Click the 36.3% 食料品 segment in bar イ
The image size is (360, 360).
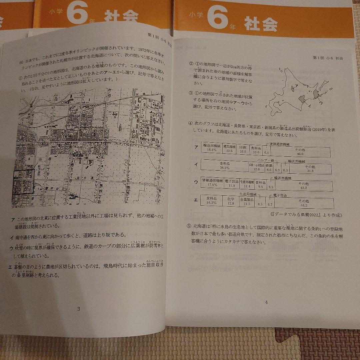(225, 166)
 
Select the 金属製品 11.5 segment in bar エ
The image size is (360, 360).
(247, 201)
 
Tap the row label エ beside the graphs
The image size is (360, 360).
(196, 199)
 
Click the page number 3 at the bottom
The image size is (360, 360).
(79, 309)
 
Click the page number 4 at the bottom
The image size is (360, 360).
(266, 302)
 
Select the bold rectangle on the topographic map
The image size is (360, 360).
(23, 182)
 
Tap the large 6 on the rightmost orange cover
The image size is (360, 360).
(217, 19)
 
